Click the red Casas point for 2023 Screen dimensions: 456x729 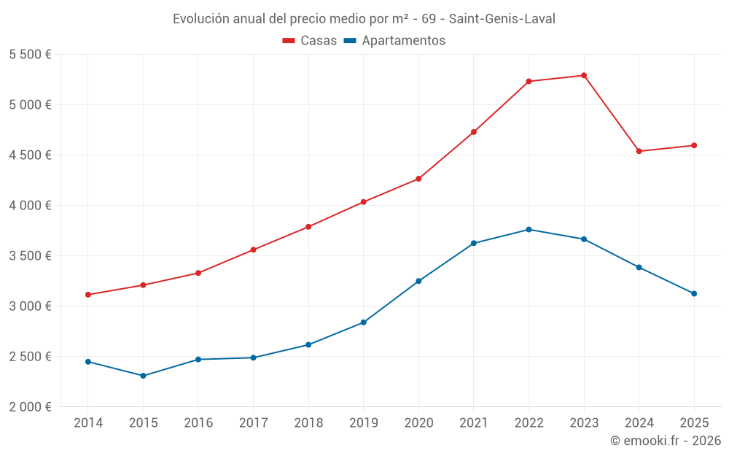pyautogui.click(x=584, y=75)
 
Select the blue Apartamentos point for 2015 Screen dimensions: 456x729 pyautogui.click(x=143, y=376)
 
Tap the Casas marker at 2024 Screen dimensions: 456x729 pyautogui.click(x=639, y=151)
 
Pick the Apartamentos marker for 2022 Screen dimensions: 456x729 pyautogui.click(x=529, y=229)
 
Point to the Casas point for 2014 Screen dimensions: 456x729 pyautogui.click(x=87, y=295)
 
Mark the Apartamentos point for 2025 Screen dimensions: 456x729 pyautogui.click(x=694, y=293)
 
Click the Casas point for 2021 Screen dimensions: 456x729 pyautogui.click(x=474, y=132)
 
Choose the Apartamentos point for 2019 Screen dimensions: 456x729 pyautogui.click(x=364, y=322)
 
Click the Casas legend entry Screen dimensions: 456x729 pyautogui.click(x=310, y=41)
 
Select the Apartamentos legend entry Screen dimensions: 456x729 pyautogui.click(x=394, y=41)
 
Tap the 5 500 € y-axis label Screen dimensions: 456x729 pyautogui.click(x=30, y=55)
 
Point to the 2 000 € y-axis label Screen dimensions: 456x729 pyautogui.click(x=30, y=407)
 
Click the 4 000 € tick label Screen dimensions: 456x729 pyautogui.click(x=30, y=206)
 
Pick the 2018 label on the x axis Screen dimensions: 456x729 pyautogui.click(x=308, y=422)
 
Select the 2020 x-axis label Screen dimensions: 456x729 pyautogui.click(x=418, y=422)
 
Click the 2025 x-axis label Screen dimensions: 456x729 pyautogui.click(x=694, y=422)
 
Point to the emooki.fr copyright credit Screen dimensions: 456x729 pyautogui.click(x=666, y=441)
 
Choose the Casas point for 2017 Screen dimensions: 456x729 pyautogui.click(x=253, y=250)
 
